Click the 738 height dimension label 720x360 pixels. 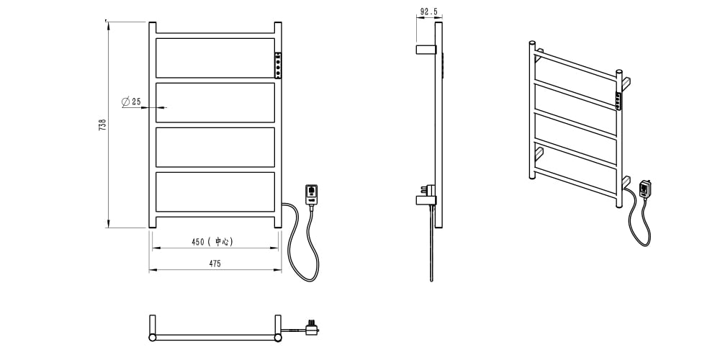(x=102, y=125)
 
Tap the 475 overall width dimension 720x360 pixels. (x=215, y=264)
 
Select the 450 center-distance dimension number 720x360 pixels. (x=198, y=242)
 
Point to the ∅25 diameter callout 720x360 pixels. (x=131, y=102)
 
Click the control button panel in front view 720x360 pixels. (x=278, y=66)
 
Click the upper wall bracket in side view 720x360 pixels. (x=426, y=49)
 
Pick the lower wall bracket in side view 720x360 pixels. (x=426, y=199)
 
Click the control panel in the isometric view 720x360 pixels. (x=618, y=101)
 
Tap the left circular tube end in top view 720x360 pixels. (x=153, y=338)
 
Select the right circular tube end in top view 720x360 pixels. (x=278, y=338)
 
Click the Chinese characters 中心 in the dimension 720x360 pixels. (x=222, y=242)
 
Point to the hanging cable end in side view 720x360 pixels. (x=431, y=279)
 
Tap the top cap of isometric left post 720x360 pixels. (x=532, y=42)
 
